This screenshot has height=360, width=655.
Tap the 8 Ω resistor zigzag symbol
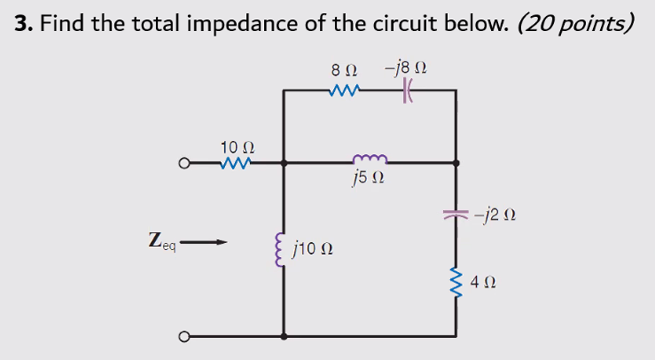coord(343,90)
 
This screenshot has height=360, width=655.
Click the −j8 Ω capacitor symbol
coord(409,90)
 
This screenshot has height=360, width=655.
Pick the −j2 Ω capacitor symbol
coord(456,214)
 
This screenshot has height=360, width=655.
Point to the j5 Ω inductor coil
coord(368,160)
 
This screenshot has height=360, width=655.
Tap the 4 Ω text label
coord(483,283)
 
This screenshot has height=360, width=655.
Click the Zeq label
coord(163,240)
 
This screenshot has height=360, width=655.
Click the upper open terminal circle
coord(183,163)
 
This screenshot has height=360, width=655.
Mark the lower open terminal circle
coord(183,337)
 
